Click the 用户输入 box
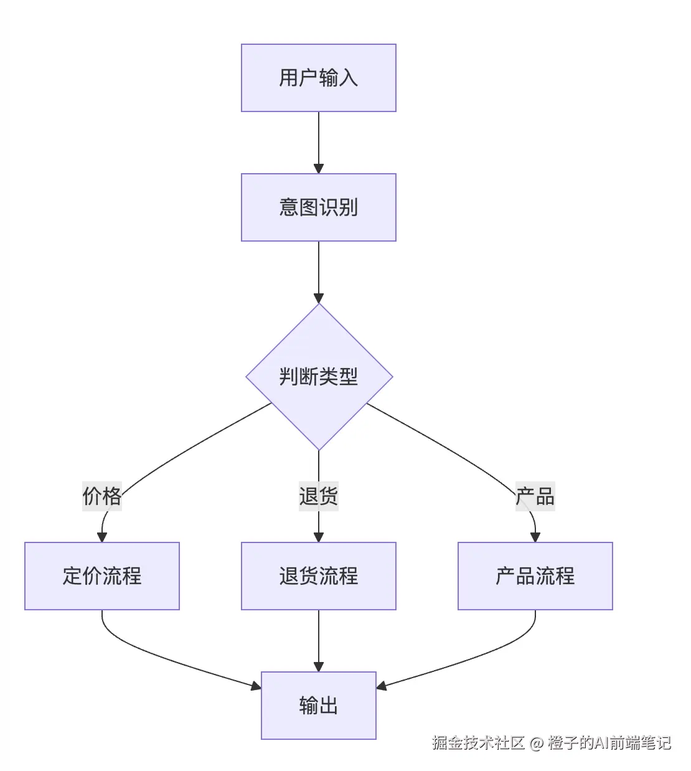pos(318,78)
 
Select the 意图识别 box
pos(318,207)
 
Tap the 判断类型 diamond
pos(319,377)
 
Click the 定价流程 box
pos(102,576)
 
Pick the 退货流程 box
pos(318,576)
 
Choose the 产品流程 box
pos(535,576)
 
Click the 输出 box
pos(318,706)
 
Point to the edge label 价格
pos(102,496)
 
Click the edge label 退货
pos(318,496)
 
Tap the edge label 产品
pos(535,496)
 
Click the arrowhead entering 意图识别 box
pos(319,169)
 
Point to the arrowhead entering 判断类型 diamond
pos(319,298)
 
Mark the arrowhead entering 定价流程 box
pos(102,537)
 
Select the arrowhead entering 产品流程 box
pos(535,537)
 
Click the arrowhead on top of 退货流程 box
pos(319,537)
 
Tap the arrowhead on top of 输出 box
pos(319,667)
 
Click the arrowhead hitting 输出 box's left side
pos(256,686)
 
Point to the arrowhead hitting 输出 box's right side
pos(382,686)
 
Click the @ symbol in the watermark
pos(536,744)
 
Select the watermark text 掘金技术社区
pos(478,743)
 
